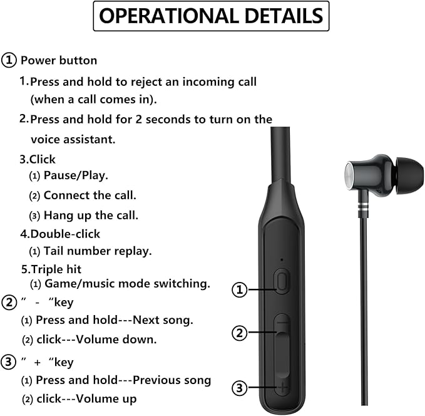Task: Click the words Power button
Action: point(59,61)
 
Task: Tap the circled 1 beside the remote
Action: point(240,289)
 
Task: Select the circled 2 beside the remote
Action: point(240,333)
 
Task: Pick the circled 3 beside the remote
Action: point(240,388)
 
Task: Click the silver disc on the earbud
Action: point(351,175)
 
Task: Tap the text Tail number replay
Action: point(97,251)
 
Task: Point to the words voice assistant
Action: point(73,139)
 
